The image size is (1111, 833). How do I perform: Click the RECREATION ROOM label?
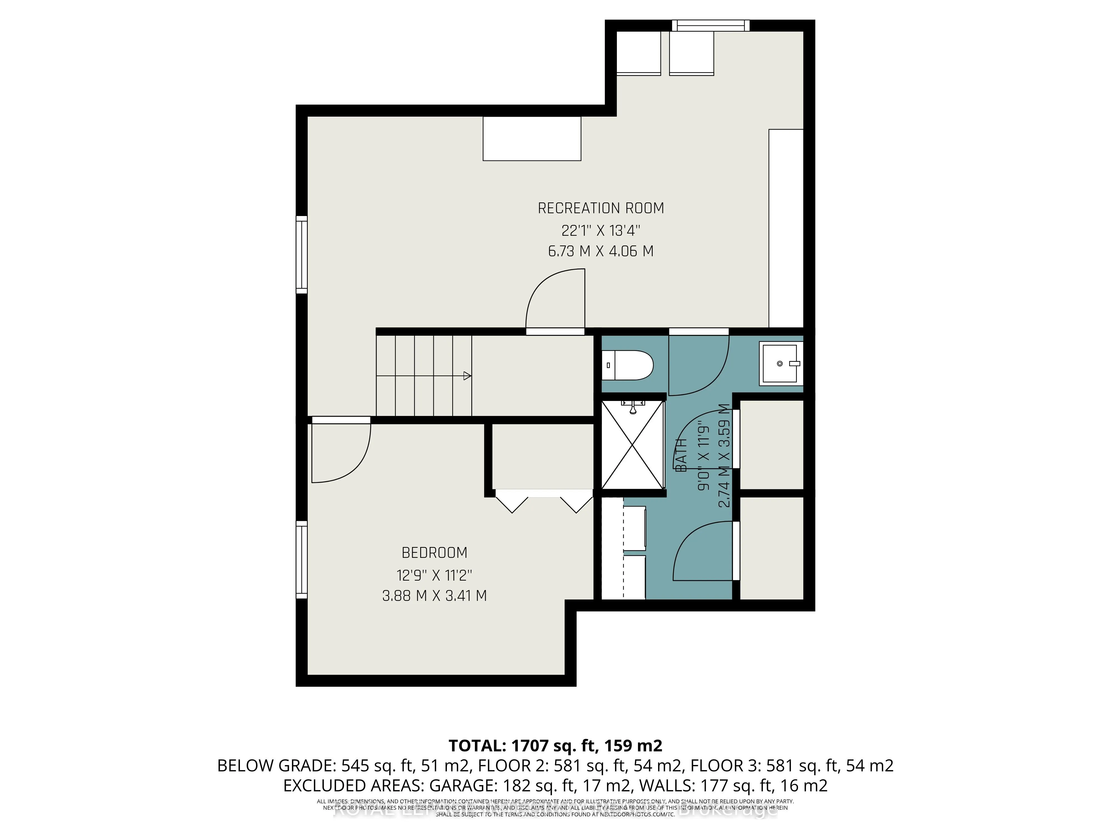click(x=601, y=208)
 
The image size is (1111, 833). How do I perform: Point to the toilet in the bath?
click(x=627, y=365)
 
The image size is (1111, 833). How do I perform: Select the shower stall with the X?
click(x=633, y=445)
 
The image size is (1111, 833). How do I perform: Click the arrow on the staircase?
click(x=467, y=376)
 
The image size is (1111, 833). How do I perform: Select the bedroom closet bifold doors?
click(x=544, y=502)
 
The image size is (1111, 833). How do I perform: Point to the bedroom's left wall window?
click(x=301, y=559)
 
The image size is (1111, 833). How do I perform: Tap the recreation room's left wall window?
click(x=301, y=255)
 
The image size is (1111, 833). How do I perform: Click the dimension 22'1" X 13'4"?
click(x=601, y=230)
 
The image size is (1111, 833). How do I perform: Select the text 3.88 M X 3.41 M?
click(x=434, y=596)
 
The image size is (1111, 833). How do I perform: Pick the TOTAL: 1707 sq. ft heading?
click(x=555, y=746)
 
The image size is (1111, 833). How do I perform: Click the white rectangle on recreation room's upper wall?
click(x=532, y=139)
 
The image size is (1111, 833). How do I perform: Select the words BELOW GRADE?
click(x=276, y=766)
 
